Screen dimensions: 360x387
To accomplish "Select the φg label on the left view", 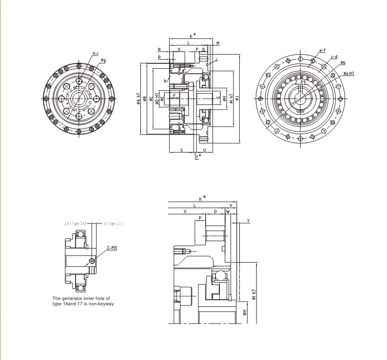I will click(x=103, y=60).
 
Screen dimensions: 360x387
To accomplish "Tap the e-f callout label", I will click(x=322, y=50).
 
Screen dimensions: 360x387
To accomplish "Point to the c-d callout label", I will click(x=334, y=57).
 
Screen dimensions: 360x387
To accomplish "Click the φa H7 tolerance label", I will click(x=348, y=73).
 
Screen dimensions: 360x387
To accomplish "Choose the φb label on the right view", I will click(x=343, y=63).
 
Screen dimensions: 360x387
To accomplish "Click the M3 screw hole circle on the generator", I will click(x=93, y=262).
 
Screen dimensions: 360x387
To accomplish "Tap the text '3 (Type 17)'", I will click(x=113, y=223).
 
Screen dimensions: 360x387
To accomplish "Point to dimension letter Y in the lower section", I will click(x=248, y=221).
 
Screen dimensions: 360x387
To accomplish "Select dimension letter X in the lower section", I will click(x=185, y=212).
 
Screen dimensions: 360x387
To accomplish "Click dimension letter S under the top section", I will click(x=181, y=150).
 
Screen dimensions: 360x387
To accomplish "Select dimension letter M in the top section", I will click(x=217, y=43).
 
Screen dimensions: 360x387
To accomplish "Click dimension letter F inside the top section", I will click(x=174, y=95).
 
